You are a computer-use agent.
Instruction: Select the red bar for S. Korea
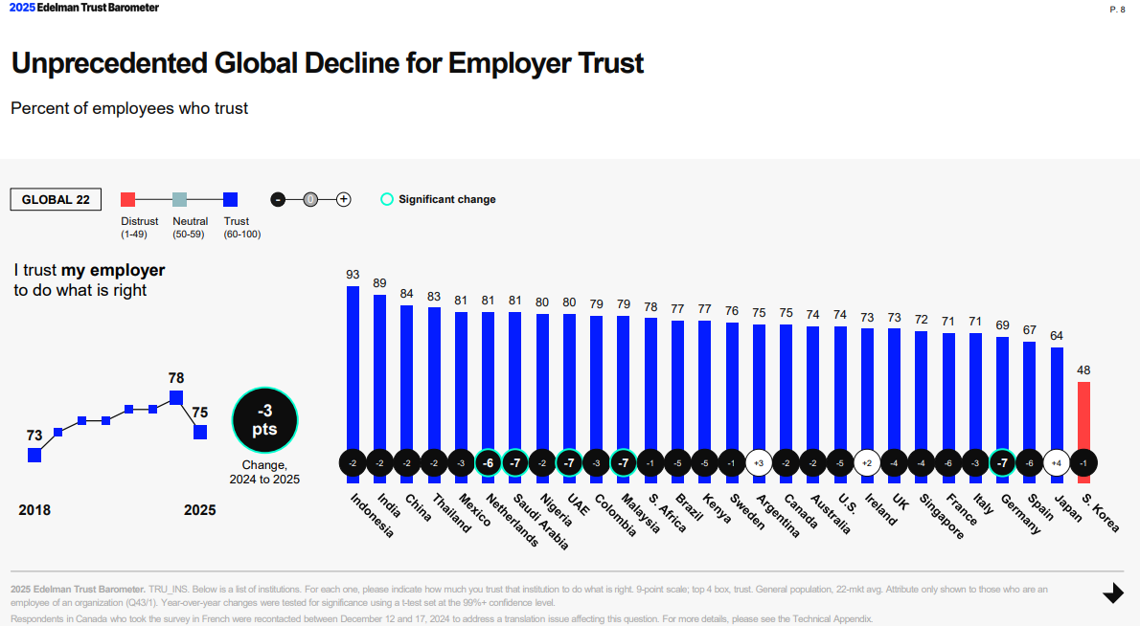1083,416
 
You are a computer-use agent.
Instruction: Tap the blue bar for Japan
1057,397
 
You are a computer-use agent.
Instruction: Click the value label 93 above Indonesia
353,275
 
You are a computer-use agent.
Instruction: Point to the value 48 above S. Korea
1083,369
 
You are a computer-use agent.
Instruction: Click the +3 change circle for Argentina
759,463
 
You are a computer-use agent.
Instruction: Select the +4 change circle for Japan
1057,463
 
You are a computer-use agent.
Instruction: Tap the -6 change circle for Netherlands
488,463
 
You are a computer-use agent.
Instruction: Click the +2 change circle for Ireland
867,463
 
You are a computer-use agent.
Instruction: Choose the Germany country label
1021,513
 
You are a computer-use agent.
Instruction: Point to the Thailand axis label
451,513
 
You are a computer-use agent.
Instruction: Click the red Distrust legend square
127,199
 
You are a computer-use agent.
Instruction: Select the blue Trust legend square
230,199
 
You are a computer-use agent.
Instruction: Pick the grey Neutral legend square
179,199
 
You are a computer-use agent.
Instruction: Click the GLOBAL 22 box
56,199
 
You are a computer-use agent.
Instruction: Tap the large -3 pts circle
264,421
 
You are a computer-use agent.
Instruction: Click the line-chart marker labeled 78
175,397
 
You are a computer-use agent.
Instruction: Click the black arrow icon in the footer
1112,594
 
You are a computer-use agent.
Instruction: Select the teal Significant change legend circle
387,199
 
